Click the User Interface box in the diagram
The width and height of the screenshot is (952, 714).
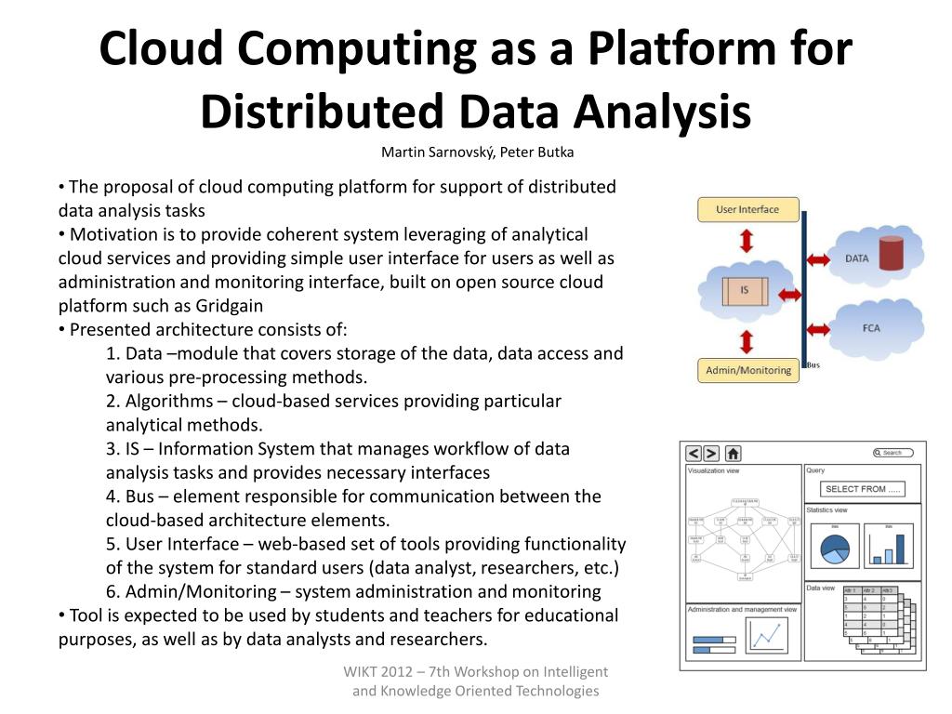(747, 209)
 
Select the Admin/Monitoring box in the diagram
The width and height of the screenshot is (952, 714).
(747, 370)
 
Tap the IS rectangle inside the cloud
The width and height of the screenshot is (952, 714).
(745, 291)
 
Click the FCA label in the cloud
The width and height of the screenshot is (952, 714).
(870, 327)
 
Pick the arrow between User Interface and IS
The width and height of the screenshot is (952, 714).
(747, 242)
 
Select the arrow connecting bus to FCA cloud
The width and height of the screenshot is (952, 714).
(818, 328)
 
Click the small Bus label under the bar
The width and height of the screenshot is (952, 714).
(813, 365)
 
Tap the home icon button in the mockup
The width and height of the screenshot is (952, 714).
(734, 454)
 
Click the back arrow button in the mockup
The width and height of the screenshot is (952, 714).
(694, 454)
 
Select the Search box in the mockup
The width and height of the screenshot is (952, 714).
(892, 453)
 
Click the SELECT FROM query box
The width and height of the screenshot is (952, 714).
(863, 489)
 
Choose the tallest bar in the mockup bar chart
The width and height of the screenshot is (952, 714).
(899, 546)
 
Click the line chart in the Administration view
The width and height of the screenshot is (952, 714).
(766, 636)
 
